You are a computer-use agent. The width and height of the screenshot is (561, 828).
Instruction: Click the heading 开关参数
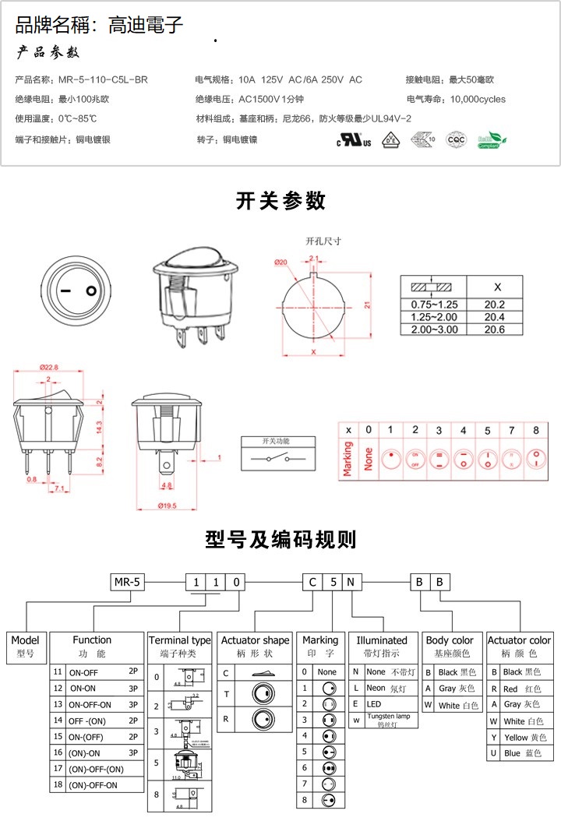pyautogui.click(x=280, y=201)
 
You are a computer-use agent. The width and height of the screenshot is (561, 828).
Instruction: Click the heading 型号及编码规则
pyautogui.click(x=280, y=539)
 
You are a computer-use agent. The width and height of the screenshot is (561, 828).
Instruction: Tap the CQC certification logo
pyautogui.click(x=455, y=140)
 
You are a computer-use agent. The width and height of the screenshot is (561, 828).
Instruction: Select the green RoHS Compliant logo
pyautogui.click(x=491, y=140)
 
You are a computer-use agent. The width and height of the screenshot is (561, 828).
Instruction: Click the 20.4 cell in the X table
pyautogui.click(x=494, y=317)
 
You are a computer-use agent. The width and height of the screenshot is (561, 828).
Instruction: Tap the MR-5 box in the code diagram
pyautogui.click(x=127, y=582)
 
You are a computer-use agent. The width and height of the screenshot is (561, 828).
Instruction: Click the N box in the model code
pyautogui.click(x=351, y=582)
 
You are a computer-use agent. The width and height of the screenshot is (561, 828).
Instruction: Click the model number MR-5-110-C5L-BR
pyautogui.click(x=103, y=79)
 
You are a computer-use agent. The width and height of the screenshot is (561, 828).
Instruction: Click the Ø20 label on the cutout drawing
pyautogui.click(x=281, y=262)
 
